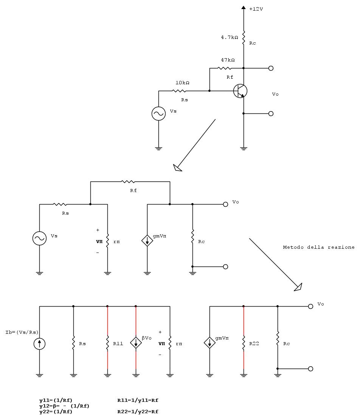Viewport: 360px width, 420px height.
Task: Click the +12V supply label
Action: pos(256,9)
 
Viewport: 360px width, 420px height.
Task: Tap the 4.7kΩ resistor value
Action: pos(230,37)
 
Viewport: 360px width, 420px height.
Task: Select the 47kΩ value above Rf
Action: pos(228,60)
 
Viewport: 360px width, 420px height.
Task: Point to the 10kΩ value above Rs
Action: pos(182,83)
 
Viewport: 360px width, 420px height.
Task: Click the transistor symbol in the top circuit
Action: pos(240,91)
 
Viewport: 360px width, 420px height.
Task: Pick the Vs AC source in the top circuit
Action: pos(158,113)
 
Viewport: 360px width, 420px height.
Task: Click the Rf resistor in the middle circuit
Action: pos(128,182)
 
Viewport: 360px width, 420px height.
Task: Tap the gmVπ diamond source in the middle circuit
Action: pos(147,240)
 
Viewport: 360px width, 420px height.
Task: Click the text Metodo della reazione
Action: pos(319,247)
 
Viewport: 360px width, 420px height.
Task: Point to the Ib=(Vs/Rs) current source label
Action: pos(22,332)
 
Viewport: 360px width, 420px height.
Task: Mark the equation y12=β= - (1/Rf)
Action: pos(64,406)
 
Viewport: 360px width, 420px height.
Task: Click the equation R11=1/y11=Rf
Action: pos(138,400)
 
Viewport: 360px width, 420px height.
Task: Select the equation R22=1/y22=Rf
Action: pos(138,412)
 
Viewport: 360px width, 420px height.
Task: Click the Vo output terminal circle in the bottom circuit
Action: pos(310,306)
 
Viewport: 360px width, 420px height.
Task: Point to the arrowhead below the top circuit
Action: pos(177,167)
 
